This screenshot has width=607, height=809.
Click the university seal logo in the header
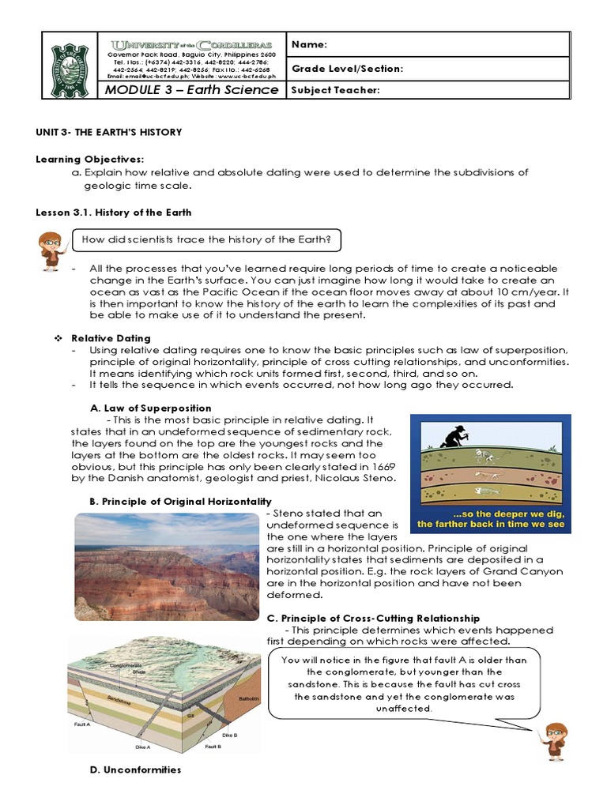click(70, 66)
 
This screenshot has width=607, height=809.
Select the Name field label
click(310, 44)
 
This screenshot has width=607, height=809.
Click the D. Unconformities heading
click(136, 769)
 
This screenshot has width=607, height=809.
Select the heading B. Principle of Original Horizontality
click(182, 502)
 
